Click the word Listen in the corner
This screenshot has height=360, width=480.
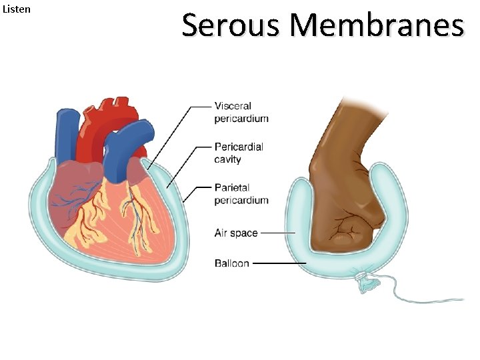[x=17, y=10]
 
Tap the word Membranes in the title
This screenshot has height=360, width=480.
[x=377, y=26]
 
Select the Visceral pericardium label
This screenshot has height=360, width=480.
[x=241, y=112]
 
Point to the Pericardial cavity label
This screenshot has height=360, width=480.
[x=239, y=153]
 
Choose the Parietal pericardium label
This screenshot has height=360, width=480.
[x=241, y=193]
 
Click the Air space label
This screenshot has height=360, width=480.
[x=236, y=233]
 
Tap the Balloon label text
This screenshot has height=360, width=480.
[x=231, y=263]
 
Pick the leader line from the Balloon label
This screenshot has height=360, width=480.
[x=280, y=263]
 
